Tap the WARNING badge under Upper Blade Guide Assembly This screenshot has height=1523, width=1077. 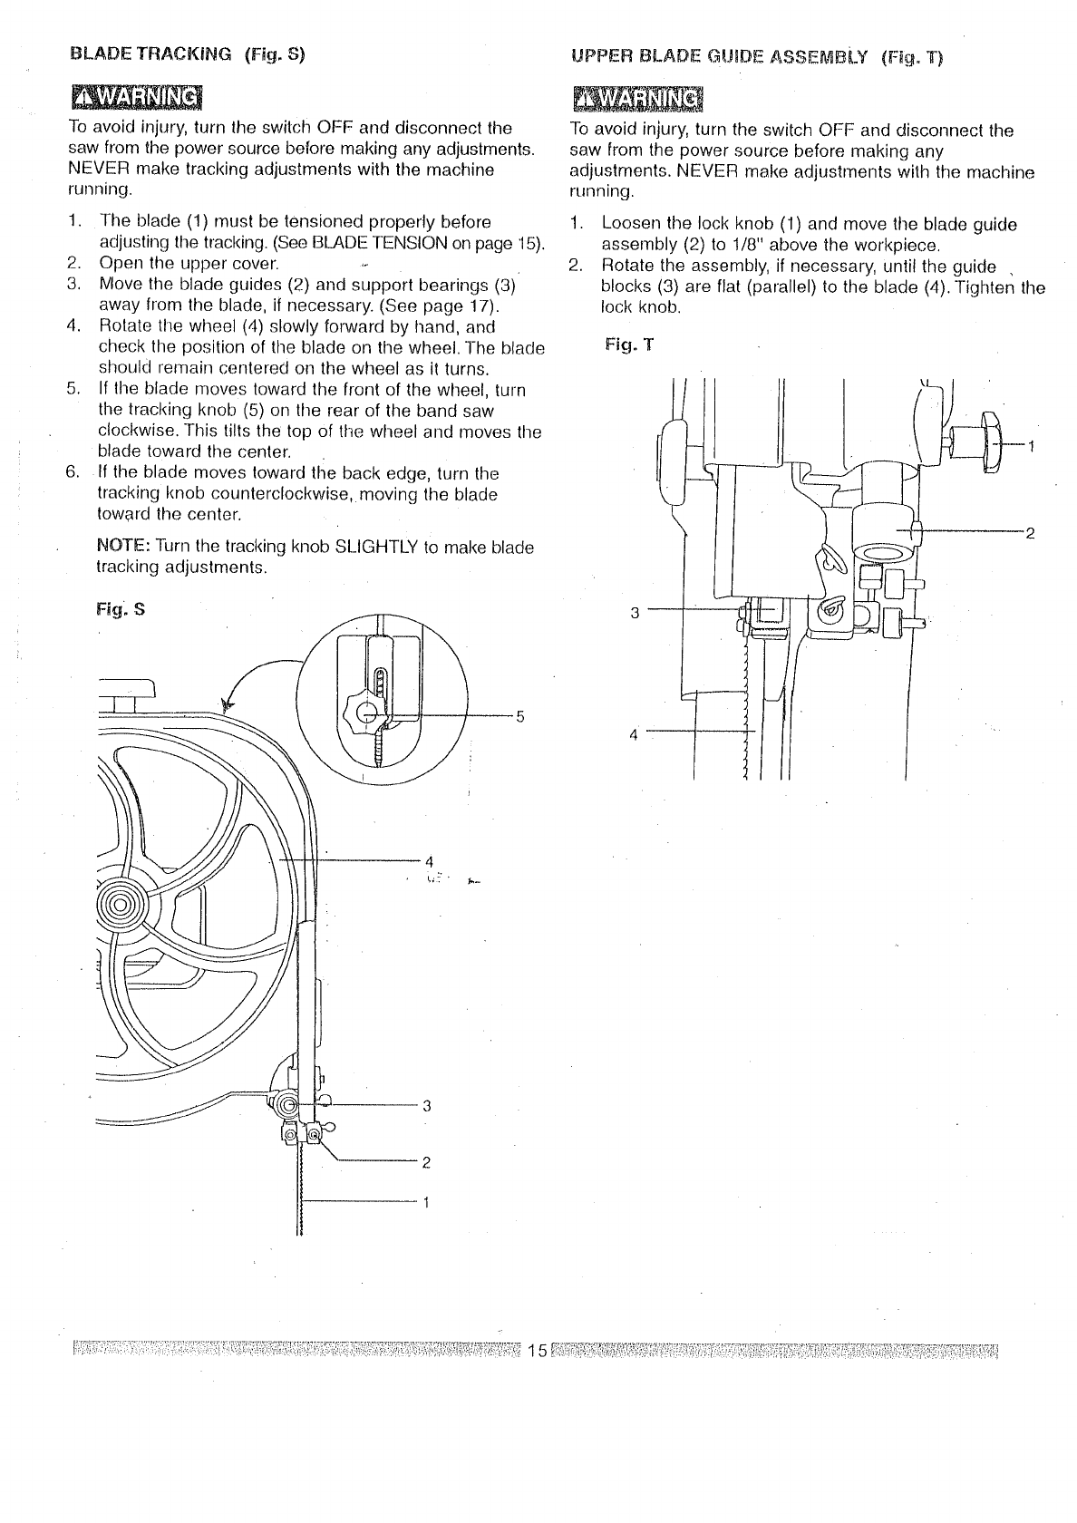(x=639, y=98)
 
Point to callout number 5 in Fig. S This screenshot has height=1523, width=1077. (x=519, y=716)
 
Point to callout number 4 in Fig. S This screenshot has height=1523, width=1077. (x=429, y=859)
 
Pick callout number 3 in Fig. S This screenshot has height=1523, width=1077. (x=426, y=1105)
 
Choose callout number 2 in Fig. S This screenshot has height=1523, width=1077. (x=425, y=1161)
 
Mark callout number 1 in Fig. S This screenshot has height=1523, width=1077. (x=426, y=1203)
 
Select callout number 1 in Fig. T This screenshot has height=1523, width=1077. (x=1032, y=445)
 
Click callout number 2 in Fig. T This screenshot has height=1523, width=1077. (x=1030, y=532)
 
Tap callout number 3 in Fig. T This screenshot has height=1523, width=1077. (x=635, y=613)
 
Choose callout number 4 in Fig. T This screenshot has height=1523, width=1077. (x=635, y=733)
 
